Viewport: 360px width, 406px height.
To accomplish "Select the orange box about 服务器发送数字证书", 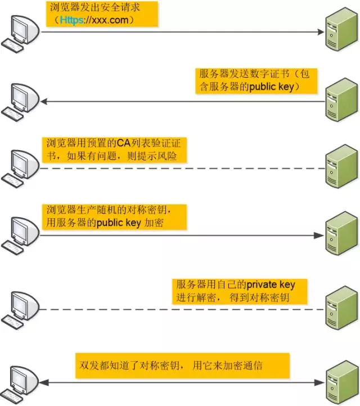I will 256,80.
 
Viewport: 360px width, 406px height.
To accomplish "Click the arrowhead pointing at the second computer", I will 43,101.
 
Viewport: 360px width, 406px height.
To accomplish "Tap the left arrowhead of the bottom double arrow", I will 43,383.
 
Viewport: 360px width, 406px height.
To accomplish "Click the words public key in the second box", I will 273,87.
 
